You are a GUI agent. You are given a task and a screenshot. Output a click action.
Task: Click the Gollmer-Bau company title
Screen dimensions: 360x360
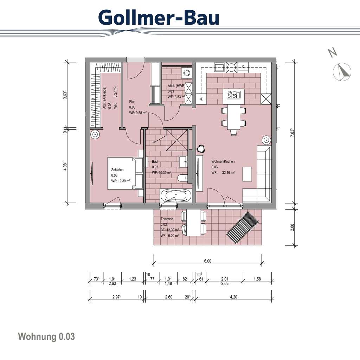(159, 17)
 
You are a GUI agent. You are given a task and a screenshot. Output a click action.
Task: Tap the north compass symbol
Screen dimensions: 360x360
(342, 72)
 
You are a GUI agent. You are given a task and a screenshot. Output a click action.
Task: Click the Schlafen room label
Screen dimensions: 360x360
(117, 169)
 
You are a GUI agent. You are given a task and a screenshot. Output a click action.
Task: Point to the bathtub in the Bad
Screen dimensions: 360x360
(175, 196)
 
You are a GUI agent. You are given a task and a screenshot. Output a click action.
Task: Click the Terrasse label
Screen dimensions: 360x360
(167, 219)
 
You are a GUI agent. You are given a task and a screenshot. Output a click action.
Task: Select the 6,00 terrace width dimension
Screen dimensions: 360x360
(207, 261)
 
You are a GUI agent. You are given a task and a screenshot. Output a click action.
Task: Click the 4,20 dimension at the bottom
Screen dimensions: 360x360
(233, 297)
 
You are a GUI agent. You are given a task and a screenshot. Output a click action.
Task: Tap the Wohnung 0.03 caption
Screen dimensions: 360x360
(46, 336)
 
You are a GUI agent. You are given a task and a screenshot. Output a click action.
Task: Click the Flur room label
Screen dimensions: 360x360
(132, 102)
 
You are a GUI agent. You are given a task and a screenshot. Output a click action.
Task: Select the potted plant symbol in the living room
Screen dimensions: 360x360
(201, 148)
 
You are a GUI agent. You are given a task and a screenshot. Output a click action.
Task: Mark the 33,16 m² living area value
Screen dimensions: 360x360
(228, 173)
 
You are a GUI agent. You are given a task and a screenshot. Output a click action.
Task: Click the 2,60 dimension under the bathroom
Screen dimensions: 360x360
(168, 297)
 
